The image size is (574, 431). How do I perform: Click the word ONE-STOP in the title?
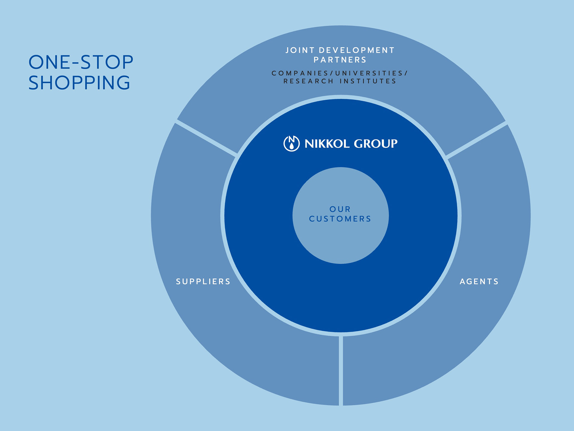point(81,62)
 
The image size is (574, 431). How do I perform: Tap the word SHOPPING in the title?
point(79,83)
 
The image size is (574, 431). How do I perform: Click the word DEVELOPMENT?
point(357,50)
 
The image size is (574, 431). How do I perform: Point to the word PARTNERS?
point(340,60)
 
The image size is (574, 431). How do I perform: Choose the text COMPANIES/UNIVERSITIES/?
point(340,73)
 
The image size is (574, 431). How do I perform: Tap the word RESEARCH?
point(309,81)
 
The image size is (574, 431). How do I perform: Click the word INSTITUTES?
point(368,81)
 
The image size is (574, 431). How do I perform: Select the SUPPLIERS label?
point(203,282)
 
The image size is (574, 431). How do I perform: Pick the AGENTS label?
point(479,282)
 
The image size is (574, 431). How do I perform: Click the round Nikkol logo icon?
point(291,144)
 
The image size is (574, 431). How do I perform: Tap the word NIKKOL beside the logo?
point(327,144)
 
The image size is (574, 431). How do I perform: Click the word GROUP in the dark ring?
point(376,144)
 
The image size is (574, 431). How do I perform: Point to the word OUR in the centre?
point(340,209)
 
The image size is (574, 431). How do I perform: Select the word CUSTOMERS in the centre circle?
point(340,219)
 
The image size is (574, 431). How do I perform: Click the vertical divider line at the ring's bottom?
point(341,371)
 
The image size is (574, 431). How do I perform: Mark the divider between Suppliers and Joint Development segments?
point(206,138)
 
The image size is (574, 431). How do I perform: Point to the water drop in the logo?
point(291,146)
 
